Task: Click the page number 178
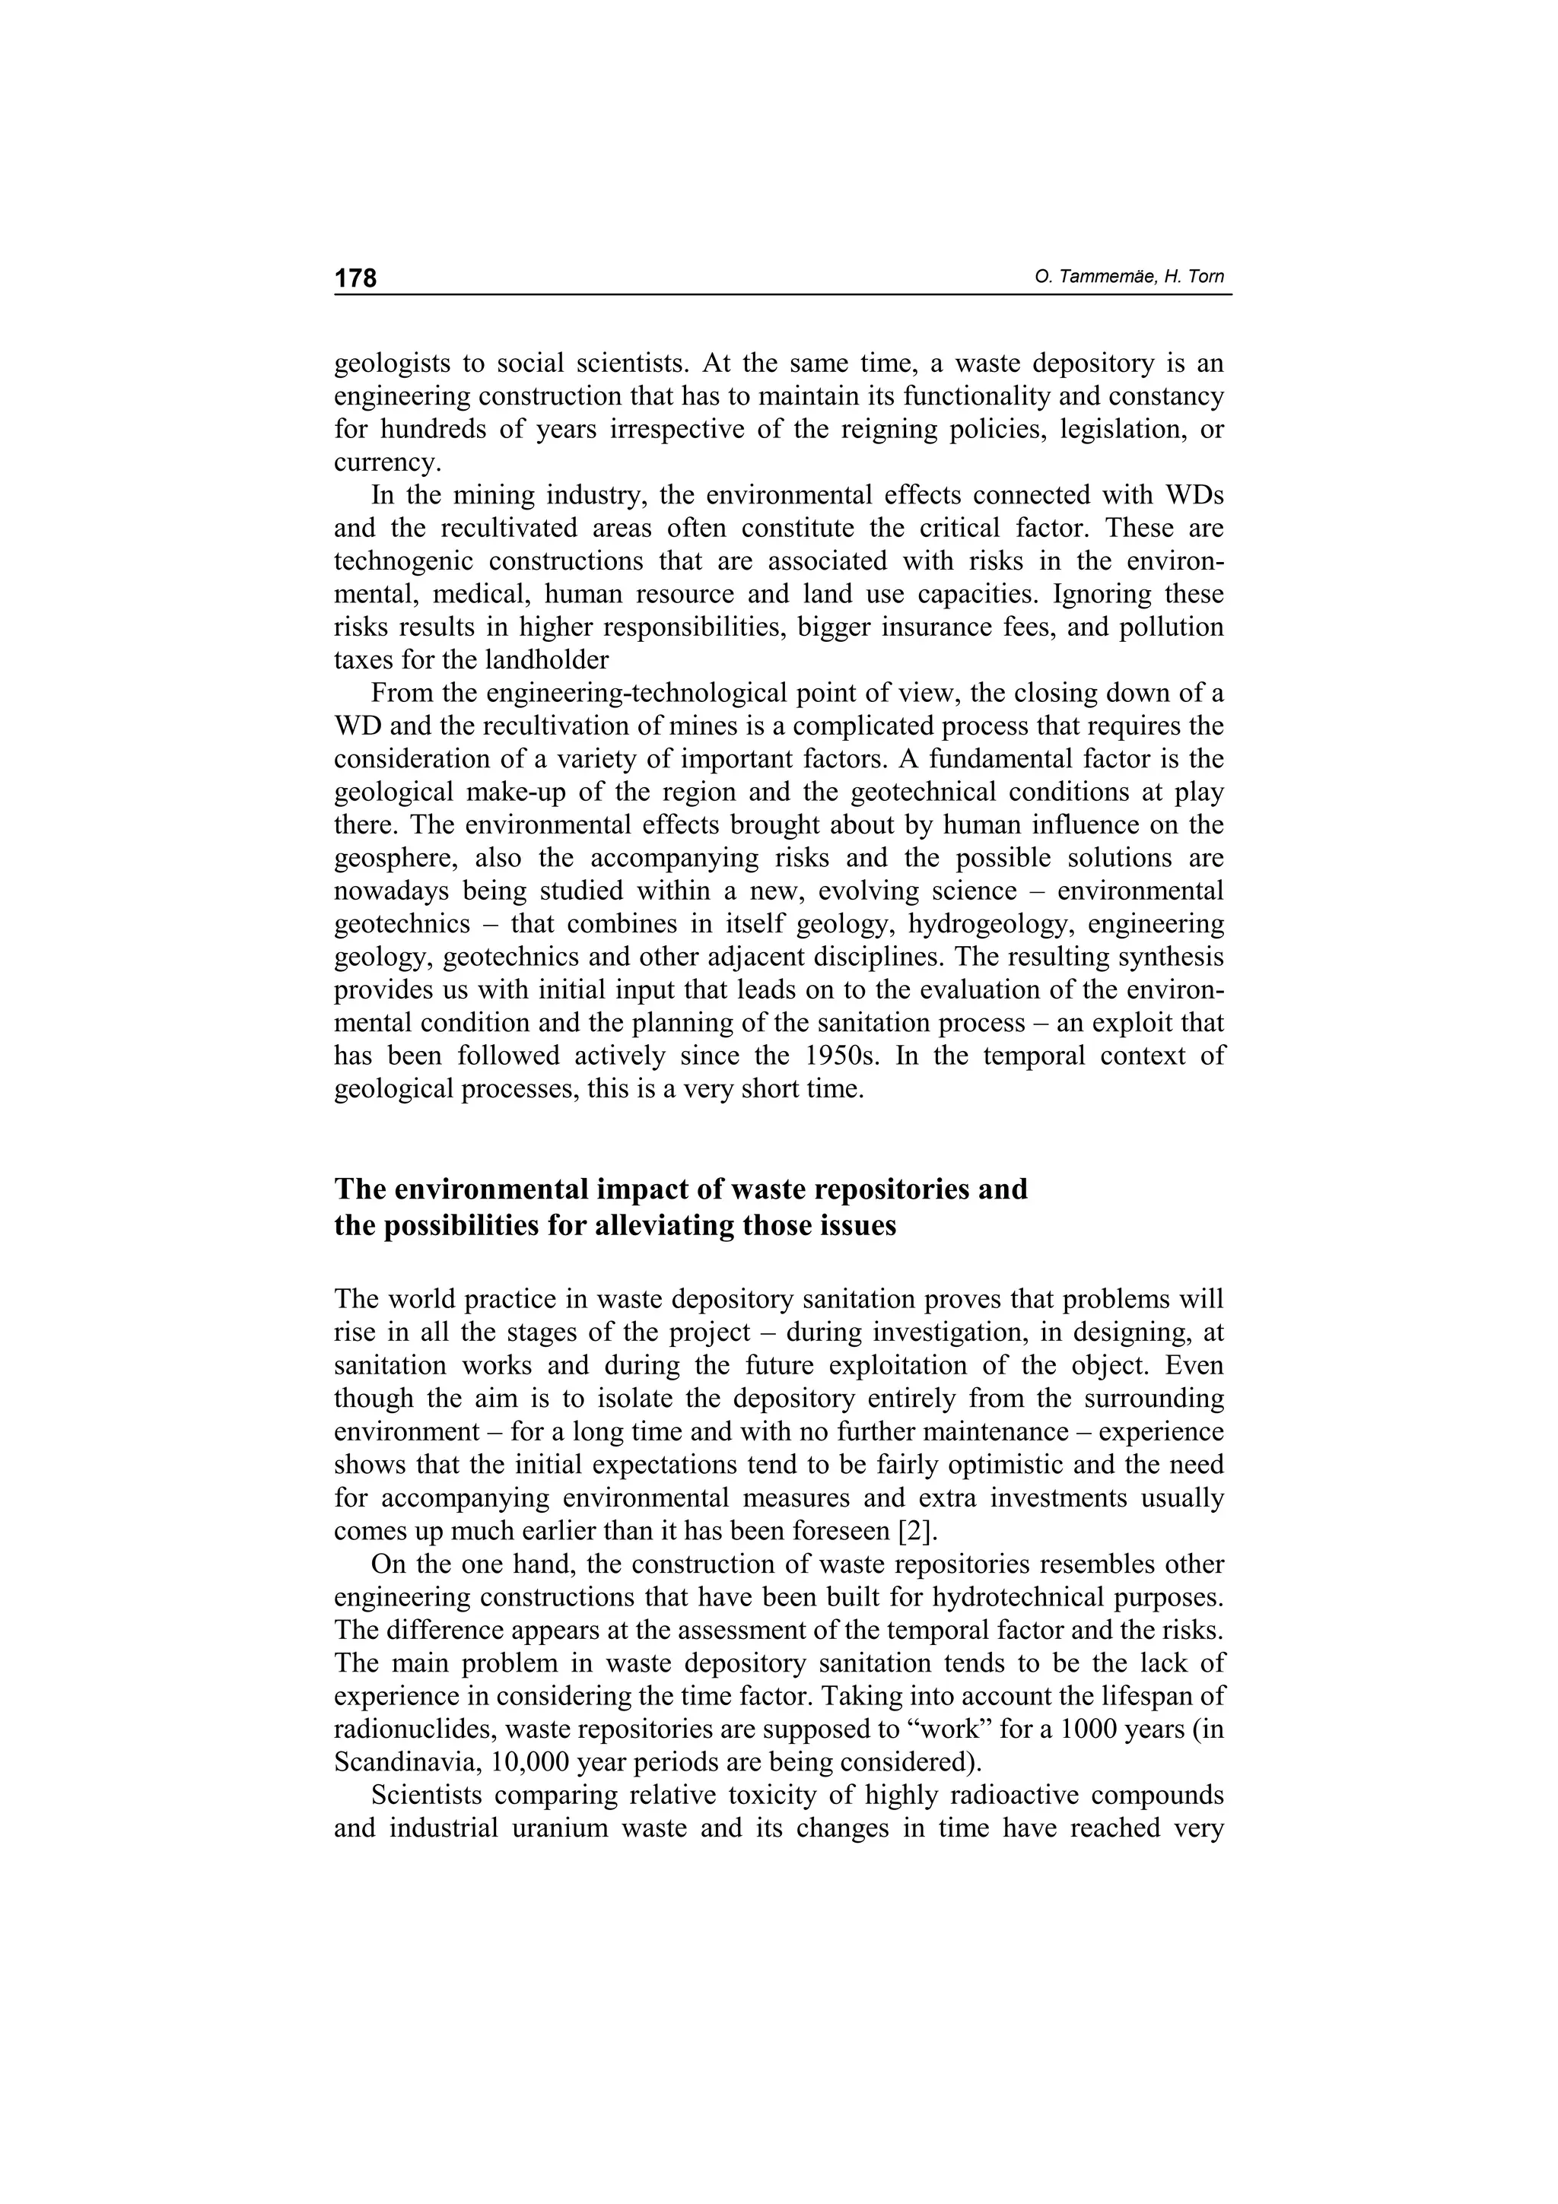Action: tap(355, 278)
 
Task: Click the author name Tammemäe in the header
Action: tap(1104, 278)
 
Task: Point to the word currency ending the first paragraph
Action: tap(387, 462)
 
